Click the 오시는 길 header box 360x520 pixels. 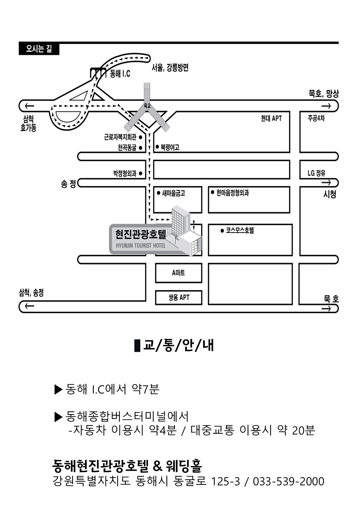point(39,49)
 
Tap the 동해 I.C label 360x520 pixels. point(120,74)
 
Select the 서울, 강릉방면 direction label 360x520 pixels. point(170,67)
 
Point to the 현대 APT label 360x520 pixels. point(271,119)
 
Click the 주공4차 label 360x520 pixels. point(316,119)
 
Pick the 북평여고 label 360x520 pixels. point(170,147)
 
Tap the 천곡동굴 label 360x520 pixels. point(127,148)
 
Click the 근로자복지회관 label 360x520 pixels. point(120,137)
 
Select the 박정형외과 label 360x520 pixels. point(124,174)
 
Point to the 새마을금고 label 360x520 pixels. point(173,193)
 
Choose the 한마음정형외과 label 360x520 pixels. point(232,193)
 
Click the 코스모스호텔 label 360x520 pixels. point(240,231)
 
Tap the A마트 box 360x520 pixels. point(178,273)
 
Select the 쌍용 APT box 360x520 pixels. point(179,298)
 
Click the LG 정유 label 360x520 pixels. point(316,173)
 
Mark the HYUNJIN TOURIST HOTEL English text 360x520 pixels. point(140,246)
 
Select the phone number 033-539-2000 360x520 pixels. point(288,481)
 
